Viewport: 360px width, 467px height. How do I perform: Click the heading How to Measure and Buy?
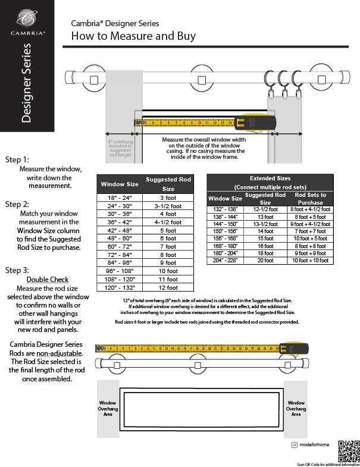[x=133, y=36]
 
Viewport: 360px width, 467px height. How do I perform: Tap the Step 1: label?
[x=17, y=159]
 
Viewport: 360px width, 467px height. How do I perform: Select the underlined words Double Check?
[x=48, y=280]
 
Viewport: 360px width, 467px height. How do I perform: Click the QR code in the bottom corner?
[x=348, y=450]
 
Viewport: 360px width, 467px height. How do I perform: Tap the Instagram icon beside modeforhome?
[x=294, y=444]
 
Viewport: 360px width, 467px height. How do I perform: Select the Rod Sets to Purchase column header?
[x=310, y=198]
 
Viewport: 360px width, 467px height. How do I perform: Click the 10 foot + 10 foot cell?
[x=310, y=260]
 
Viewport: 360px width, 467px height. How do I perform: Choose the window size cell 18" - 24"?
[x=120, y=198]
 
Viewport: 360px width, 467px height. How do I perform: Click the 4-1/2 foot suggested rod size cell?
[x=168, y=222]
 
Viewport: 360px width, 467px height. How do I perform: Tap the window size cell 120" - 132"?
[x=120, y=287]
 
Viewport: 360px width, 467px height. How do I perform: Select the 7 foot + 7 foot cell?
[x=310, y=231]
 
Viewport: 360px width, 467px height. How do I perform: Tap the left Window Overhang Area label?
[x=108, y=408]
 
